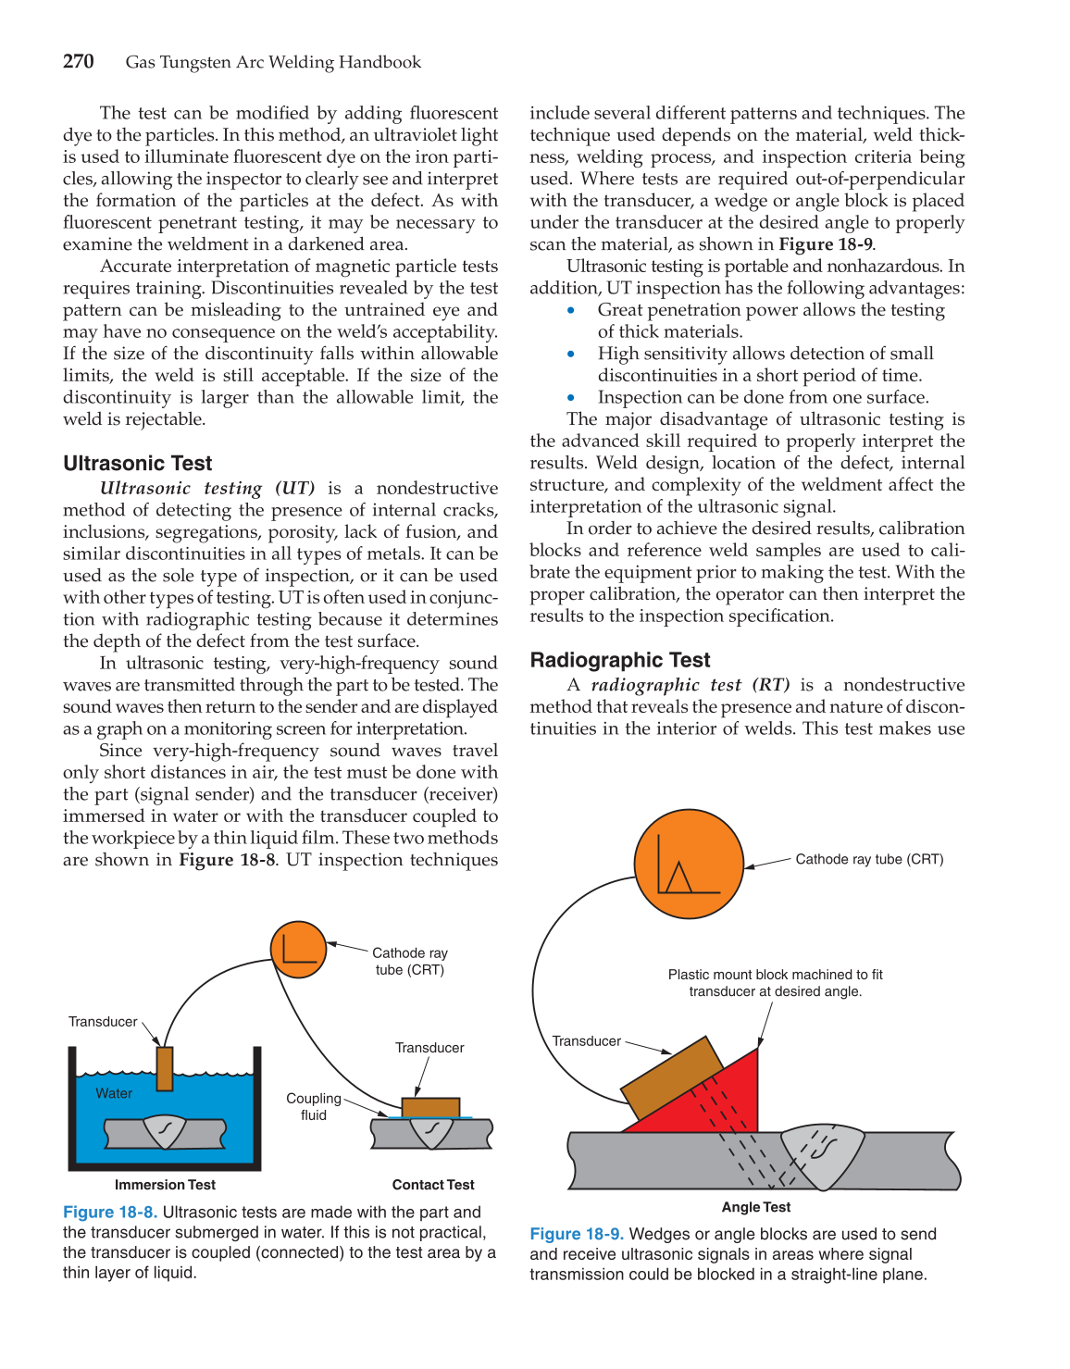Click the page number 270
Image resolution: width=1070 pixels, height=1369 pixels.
click(x=79, y=62)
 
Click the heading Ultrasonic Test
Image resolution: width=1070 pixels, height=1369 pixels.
click(x=137, y=463)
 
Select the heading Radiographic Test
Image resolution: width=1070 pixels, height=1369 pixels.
click(x=619, y=660)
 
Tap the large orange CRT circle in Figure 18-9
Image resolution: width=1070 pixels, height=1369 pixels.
click(x=689, y=864)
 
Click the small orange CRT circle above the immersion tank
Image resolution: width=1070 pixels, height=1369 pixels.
click(x=298, y=950)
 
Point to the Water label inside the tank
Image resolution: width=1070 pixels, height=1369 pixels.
click(x=114, y=1093)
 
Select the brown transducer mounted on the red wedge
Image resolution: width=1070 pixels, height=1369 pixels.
click(x=672, y=1077)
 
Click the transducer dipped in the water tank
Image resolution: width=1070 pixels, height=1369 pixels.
click(x=165, y=1069)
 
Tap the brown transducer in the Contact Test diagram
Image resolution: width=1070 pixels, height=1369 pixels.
click(x=430, y=1107)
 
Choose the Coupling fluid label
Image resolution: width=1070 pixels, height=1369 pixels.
click(x=314, y=1106)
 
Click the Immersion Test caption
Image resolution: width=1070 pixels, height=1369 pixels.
click(x=165, y=1185)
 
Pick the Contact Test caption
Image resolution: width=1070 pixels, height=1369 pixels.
click(x=432, y=1185)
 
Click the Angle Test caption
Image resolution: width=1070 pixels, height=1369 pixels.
click(x=756, y=1207)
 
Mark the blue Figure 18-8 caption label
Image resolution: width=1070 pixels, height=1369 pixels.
click(x=109, y=1213)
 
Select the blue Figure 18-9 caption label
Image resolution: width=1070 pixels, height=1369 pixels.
click(x=576, y=1234)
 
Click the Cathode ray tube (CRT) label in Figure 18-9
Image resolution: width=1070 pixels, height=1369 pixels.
click(x=869, y=859)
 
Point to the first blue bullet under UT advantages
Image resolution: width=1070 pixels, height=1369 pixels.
click(x=571, y=311)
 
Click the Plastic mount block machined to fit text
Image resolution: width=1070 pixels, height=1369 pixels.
click(x=775, y=975)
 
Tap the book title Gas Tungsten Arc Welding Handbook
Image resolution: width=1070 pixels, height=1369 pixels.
click(x=273, y=62)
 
